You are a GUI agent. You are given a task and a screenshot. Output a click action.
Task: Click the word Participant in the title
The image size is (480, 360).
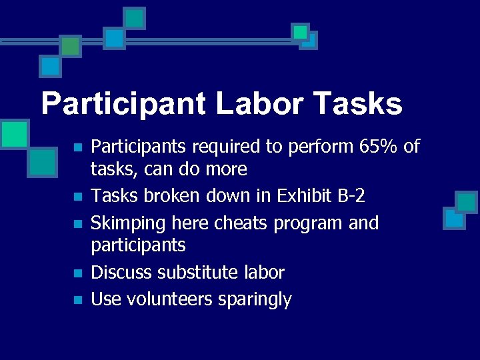click(x=123, y=105)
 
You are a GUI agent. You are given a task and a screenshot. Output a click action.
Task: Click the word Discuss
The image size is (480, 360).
click(x=121, y=273)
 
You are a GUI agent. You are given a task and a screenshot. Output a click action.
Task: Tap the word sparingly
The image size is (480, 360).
click(x=255, y=299)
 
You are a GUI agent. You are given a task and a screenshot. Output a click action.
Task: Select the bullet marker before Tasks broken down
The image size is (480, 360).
click(x=78, y=197)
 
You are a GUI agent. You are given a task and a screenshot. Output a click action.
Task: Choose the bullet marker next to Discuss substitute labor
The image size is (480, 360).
click(x=78, y=273)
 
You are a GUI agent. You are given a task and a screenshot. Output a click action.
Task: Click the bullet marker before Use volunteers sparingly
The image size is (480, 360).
click(x=78, y=300)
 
